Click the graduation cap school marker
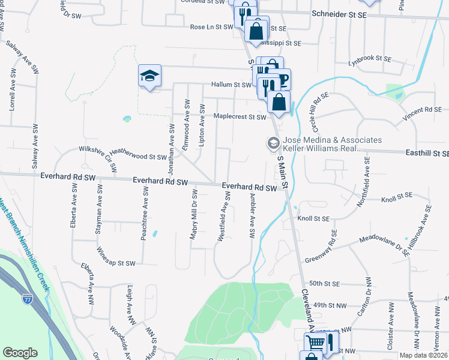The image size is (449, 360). [149, 76]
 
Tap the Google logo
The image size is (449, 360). [20, 353]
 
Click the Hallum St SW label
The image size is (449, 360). [231, 85]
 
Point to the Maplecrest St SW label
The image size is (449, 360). [240, 117]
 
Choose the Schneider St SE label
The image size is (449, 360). [338, 13]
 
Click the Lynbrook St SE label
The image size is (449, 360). [369, 59]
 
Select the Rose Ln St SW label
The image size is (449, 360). [211, 27]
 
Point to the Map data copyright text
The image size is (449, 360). [422, 355]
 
